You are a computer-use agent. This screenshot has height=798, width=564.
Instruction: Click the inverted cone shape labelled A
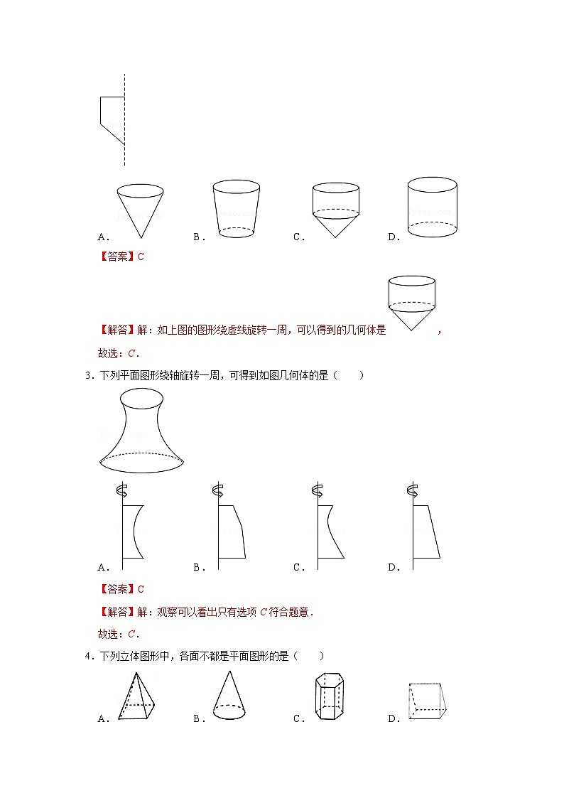click(140, 211)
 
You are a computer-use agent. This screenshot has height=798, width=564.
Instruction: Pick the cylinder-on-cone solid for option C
click(335, 210)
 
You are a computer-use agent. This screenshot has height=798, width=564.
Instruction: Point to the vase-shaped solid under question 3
click(141, 431)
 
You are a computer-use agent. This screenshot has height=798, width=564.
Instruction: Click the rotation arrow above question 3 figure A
click(122, 490)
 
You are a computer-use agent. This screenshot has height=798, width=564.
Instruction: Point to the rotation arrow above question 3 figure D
click(411, 490)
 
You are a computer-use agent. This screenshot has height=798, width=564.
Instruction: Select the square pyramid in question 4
click(136, 697)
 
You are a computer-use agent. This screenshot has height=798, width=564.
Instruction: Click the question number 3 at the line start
click(87, 376)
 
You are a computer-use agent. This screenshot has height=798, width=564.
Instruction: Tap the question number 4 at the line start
click(87, 657)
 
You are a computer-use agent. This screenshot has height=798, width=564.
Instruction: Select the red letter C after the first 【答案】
click(141, 257)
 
